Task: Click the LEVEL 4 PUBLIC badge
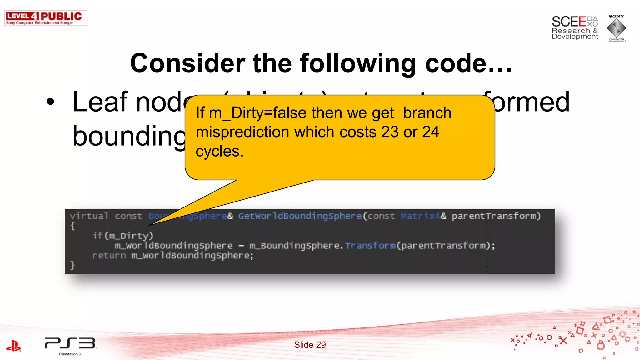click(x=46, y=18)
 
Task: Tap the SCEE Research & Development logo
click(x=574, y=28)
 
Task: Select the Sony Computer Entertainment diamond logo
click(x=616, y=28)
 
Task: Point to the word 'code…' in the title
click(x=469, y=63)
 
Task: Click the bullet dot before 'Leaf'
click(x=50, y=102)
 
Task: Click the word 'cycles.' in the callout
click(x=219, y=151)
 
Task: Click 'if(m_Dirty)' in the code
click(x=123, y=236)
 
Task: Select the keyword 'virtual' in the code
click(x=89, y=216)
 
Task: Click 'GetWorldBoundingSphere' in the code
click(x=300, y=216)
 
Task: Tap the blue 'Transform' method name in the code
click(x=370, y=246)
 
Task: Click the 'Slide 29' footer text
click(x=310, y=345)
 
